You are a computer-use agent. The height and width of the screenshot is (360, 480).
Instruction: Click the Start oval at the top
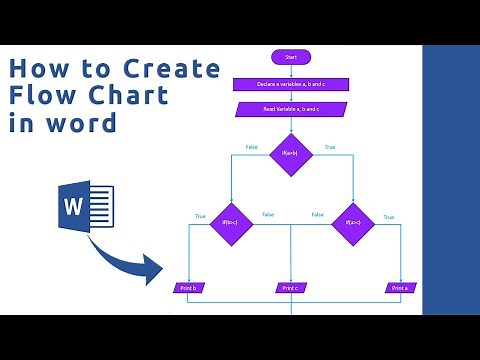pyautogui.click(x=291, y=57)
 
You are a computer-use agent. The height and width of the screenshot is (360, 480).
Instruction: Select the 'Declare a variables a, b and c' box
pyautogui.click(x=290, y=85)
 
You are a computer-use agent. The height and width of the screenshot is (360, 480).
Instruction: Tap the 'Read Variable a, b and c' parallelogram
pyautogui.click(x=291, y=109)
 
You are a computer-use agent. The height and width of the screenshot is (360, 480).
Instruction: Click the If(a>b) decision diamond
pyautogui.click(x=291, y=154)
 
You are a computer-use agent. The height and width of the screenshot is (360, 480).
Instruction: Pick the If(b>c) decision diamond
pyautogui.click(x=231, y=223)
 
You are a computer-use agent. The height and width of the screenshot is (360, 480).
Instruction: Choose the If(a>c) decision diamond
pyautogui.click(x=352, y=223)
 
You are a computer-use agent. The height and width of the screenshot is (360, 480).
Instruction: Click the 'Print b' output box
pyautogui.click(x=188, y=288)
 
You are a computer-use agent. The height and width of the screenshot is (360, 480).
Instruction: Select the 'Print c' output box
pyautogui.click(x=291, y=288)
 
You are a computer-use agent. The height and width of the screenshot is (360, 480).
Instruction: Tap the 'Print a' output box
pyautogui.click(x=401, y=288)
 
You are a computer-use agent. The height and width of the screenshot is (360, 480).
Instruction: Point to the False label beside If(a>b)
pyautogui.click(x=252, y=148)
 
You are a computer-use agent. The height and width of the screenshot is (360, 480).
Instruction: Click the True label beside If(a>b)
pyautogui.click(x=330, y=148)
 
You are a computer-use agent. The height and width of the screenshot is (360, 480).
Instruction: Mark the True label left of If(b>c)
pyautogui.click(x=200, y=216)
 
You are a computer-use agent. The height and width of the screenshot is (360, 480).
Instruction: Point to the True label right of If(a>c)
pyautogui.click(x=388, y=217)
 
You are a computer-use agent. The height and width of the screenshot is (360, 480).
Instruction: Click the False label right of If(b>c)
pyautogui.click(x=268, y=215)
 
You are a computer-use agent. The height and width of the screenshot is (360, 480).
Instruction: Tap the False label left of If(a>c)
pyautogui.click(x=317, y=215)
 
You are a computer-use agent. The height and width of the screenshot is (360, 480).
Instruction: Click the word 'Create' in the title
pyautogui.click(x=172, y=70)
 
